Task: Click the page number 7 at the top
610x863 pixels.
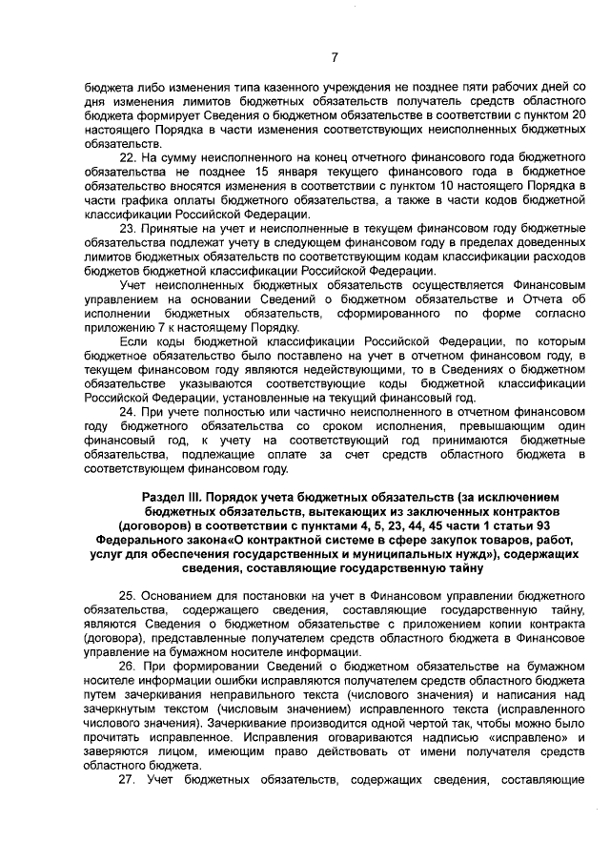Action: [x=335, y=56]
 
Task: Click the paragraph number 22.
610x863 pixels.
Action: [x=128, y=156]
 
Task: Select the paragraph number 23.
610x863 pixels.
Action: [x=128, y=230]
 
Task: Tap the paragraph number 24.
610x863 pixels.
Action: [x=128, y=411]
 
